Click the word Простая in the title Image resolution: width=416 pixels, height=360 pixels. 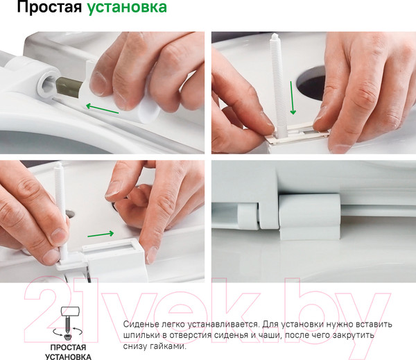(49, 7)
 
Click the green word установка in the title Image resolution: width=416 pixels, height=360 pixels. (127, 8)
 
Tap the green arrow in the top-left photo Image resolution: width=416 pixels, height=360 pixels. (102, 109)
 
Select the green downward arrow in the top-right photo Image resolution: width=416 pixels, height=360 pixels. (293, 98)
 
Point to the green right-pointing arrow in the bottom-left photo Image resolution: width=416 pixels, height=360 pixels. (101, 234)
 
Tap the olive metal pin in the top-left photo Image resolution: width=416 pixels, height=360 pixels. (69, 87)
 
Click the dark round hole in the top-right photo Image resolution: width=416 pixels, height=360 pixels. (311, 83)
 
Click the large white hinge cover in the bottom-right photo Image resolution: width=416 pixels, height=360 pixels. (310, 216)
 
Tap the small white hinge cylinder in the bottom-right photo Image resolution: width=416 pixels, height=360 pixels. (248, 216)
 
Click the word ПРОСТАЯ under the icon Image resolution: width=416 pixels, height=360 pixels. (68, 348)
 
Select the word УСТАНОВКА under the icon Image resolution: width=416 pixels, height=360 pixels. (68, 357)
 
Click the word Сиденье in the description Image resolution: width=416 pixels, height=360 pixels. (138, 324)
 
